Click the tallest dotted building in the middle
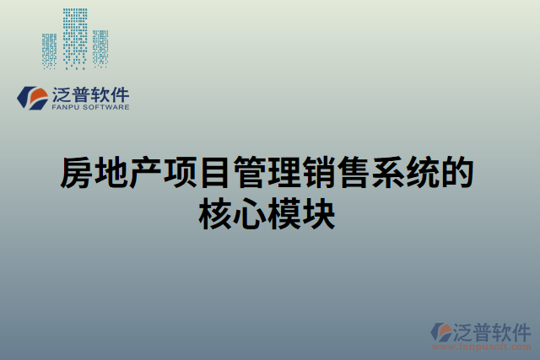tap(75, 39)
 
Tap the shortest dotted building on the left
tap(50, 51)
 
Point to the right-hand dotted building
tap(100, 49)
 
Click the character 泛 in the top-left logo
tap(62, 94)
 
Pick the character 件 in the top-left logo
tap(120, 94)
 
